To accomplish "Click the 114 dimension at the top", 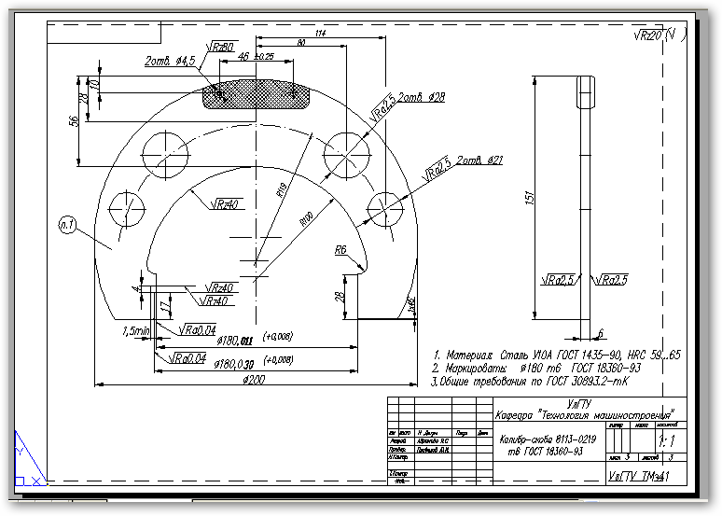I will point(320,34).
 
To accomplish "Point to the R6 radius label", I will point(340,250).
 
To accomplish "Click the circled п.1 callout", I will point(66,223).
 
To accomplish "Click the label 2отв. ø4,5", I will point(170,62).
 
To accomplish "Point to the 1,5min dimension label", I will point(135,330).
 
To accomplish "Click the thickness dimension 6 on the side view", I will point(601,332).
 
